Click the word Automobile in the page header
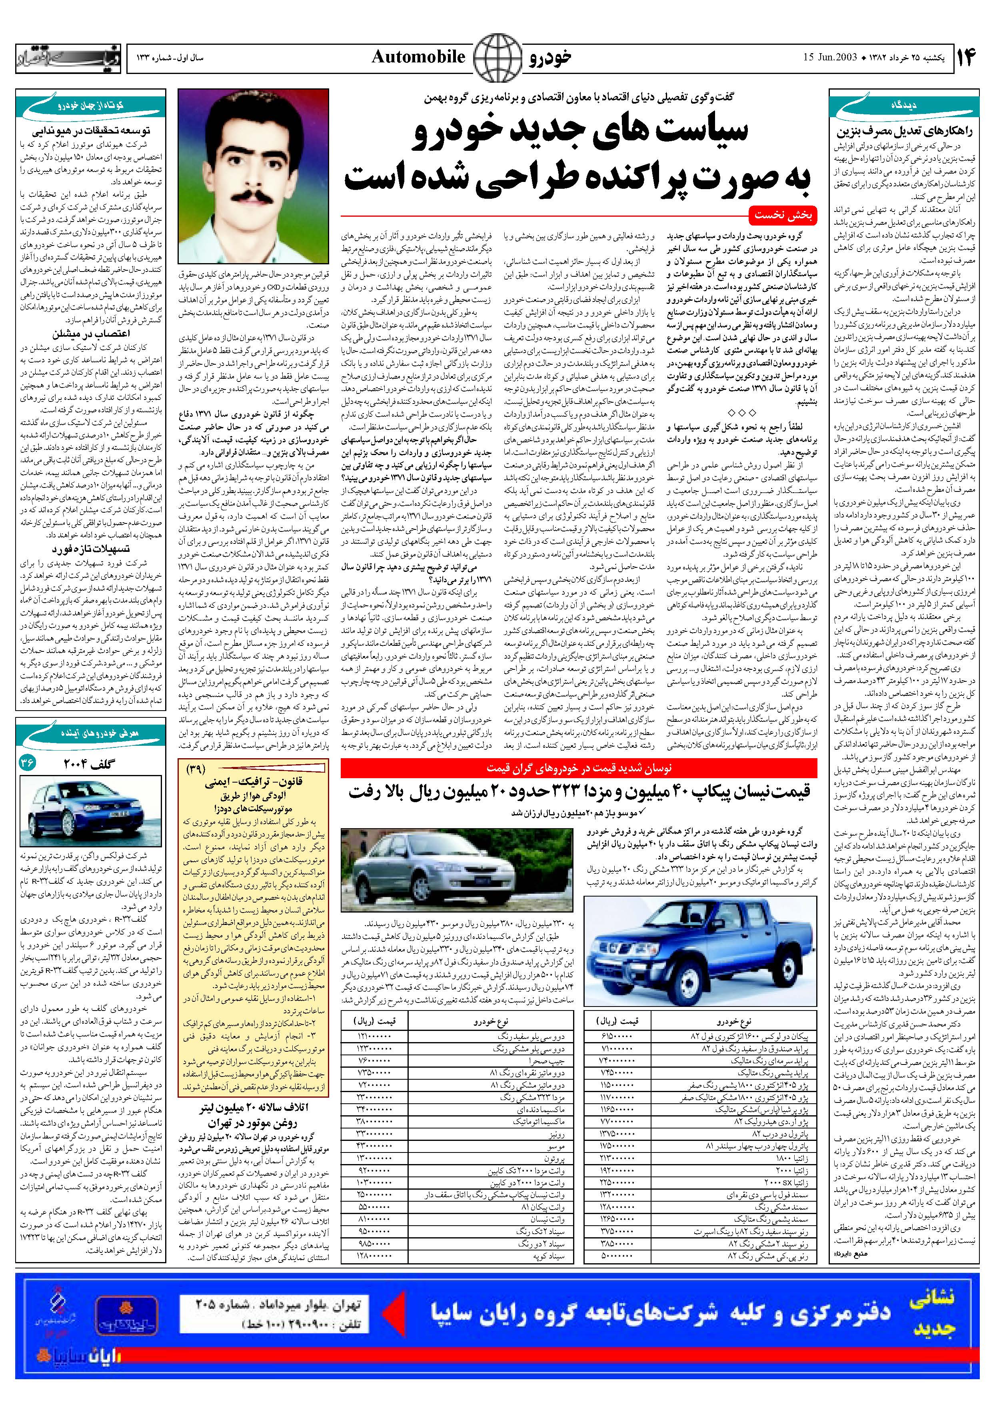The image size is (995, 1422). tap(418, 58)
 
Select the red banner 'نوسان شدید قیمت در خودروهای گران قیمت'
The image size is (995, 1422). tap(579, 768)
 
